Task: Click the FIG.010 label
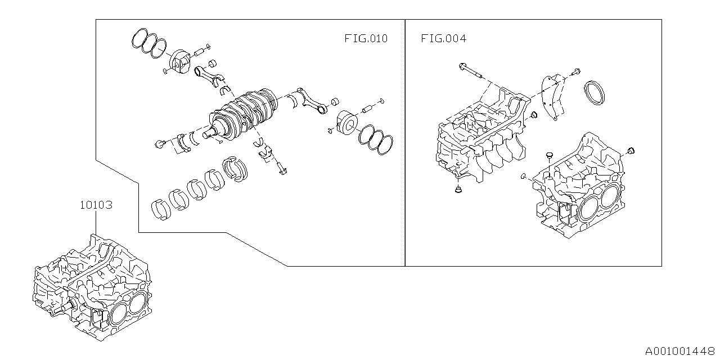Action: coord(366,39)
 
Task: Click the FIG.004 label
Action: coord(443,39)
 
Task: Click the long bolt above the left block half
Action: coord(471,71)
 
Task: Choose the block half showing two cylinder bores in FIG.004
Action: coord(579,186)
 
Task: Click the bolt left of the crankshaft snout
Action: coord(160,145)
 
